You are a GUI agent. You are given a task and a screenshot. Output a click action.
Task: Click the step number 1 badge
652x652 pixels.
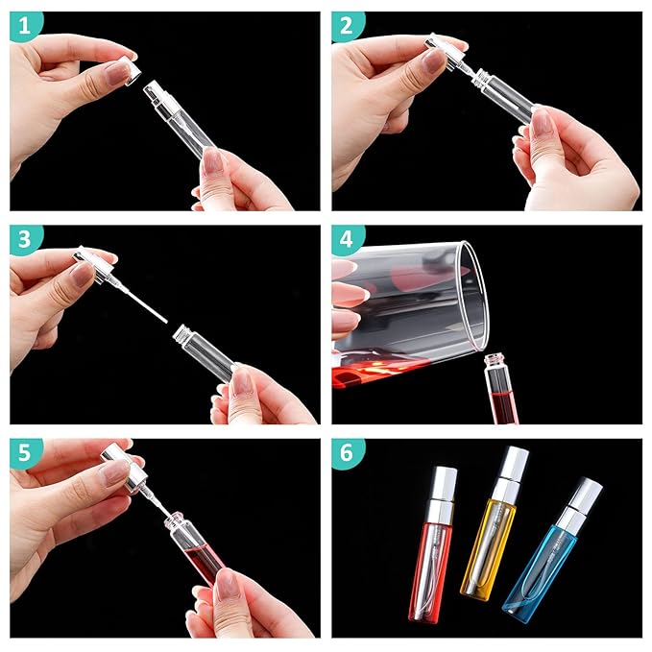point(26,27)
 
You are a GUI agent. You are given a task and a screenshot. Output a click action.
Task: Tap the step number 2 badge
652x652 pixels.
point(349,27)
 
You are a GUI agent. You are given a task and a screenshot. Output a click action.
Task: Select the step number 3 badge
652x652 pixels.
point(26,241)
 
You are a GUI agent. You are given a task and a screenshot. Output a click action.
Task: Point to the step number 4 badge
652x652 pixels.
point(349,241)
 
